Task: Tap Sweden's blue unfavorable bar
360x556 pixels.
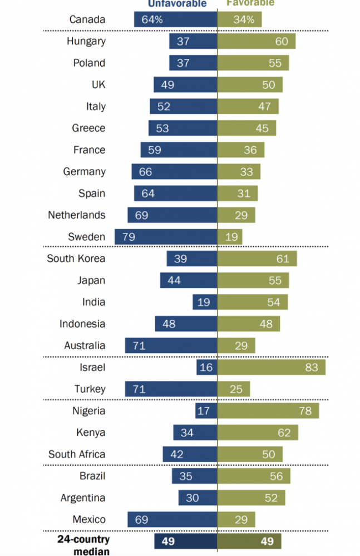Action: pyautogui.click(x=166, y=237)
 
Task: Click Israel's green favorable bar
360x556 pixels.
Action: pyautogui.click(x=272, y=367)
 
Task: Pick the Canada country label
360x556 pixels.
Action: pyautogui.click(x=87, y=19)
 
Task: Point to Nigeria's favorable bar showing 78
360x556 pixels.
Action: pyautogui.click(x=268, y=411)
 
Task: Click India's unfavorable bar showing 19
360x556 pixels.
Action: pyautogui.click(x=205, y=302)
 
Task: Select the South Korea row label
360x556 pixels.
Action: pyautogui.click(x=76, y=259)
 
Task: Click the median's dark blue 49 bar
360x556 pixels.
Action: pyautogui.click(x=186, y=542)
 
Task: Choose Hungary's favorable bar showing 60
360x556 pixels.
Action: pyautogui.click(x=257, y=41)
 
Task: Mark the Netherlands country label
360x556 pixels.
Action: pyautogui.click(x=76, y=215)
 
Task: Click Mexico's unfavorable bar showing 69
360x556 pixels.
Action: pyautogui.click(x=172, y=519)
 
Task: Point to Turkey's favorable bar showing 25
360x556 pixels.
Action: pyautogui.click(x=234, y=389)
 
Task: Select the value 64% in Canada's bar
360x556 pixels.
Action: pyautogui.click(x=152, y=19)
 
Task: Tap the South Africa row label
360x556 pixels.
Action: pyautogui.click(x=76, y=454)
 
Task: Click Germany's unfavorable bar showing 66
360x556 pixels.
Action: pyautogui.click(x=174, y=172)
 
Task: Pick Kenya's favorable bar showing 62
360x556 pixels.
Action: pyautogui.click(x=258, y=433)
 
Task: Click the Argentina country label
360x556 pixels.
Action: pyautogui.click(x=83, y=498)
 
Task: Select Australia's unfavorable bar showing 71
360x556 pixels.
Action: pyautogui.click(x=171, y=345)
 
